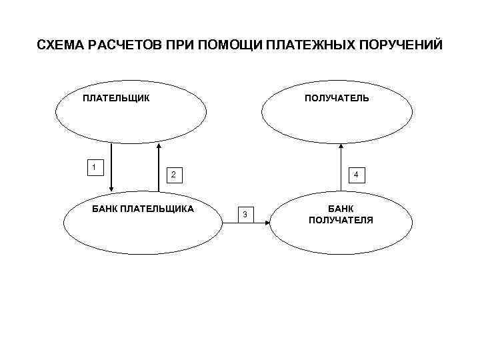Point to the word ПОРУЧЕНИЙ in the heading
(400, 46)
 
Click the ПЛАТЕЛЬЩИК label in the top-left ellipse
(116, 99)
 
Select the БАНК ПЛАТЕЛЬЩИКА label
(143, 209)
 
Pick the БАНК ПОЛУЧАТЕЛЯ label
(341, 214)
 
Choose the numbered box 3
(245, 214)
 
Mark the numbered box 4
(356, 175)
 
